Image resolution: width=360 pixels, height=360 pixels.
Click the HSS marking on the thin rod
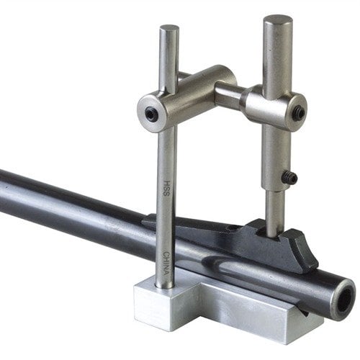click(x=166, y=185)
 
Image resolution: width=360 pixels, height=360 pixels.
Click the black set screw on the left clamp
click(x=150, y=113)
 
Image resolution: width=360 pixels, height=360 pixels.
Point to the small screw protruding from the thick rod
click(x=289, y=178)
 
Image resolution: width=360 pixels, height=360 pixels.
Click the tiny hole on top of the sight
click(x=232, y=229)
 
